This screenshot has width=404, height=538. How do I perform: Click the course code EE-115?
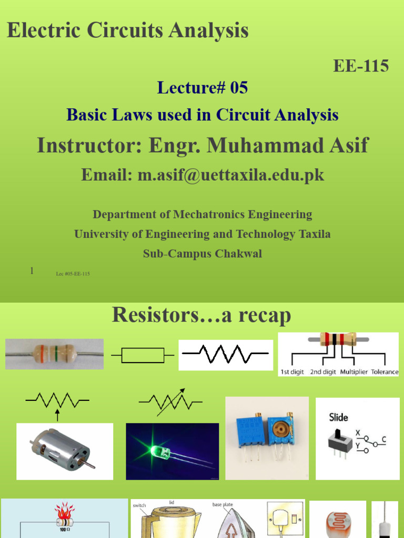pyautogui.click(x=361, y=66)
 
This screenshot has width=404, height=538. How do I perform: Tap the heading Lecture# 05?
pyautogui.click(x=202, y=88)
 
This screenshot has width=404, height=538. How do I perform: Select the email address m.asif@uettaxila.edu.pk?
pyautogui.click(x=230, y=175)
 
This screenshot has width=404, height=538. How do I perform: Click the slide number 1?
pyautogui.click(x=32, y=271)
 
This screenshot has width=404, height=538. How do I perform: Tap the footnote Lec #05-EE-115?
pyautogui.click(x=73, y=274)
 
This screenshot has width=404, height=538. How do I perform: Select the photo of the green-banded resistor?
pyautogui.click(x=54, y=354)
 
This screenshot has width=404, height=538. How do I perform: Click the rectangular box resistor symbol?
pyautogui.click(x=143, y=356)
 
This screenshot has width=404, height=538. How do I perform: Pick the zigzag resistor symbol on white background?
pyautogui.click(x=226, y=355)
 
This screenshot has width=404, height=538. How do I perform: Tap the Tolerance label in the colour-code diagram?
pyautogui.click(x=384, y=371)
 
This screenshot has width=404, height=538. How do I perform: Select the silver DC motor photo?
pyautogui.click(x=64, y=451)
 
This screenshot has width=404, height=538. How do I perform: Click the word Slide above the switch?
pyautogui.click(x=338, y=418)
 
